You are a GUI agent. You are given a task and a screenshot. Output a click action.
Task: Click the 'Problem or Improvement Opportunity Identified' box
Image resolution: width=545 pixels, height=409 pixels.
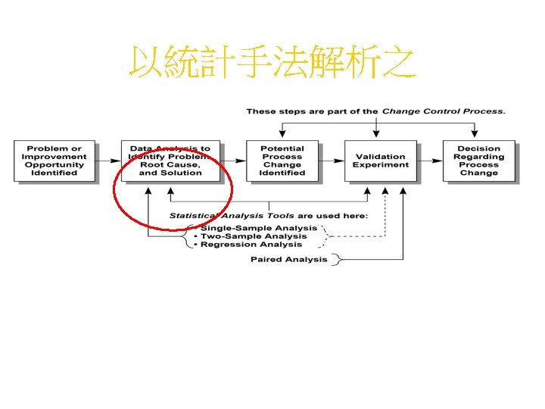[54, 161]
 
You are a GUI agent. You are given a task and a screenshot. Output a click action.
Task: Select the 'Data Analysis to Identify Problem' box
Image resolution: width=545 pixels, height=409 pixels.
[170, 161]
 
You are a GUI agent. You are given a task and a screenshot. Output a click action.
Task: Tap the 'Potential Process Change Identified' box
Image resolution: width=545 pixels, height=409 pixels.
[282, 161]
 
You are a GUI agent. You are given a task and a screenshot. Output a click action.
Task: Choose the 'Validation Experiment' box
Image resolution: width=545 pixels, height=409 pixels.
[381, 161]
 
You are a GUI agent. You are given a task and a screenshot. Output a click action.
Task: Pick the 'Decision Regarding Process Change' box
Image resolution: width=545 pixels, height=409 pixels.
[479, 161]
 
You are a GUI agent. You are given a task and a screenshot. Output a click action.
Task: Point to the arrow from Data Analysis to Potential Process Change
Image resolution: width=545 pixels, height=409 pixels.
[233, 161]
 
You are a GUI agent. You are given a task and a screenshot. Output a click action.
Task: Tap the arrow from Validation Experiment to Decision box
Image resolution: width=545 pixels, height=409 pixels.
[430, 161]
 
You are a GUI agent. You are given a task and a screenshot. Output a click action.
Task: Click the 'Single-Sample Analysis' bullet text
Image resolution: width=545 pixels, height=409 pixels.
[257, 228]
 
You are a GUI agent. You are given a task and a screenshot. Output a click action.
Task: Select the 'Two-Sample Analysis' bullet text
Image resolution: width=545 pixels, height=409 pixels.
[253, 236]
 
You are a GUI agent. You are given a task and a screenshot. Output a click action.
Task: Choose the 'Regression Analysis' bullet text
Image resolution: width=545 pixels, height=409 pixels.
[251, 245]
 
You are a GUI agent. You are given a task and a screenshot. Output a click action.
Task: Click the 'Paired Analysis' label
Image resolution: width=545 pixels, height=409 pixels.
[289, 260]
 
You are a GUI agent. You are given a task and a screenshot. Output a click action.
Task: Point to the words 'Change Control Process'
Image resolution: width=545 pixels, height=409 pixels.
[442, 111]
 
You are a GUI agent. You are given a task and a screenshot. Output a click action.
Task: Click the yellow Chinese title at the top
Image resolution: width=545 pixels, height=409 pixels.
[272, 64]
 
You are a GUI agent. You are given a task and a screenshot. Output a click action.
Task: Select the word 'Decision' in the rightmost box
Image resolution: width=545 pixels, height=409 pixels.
[479, 148]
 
